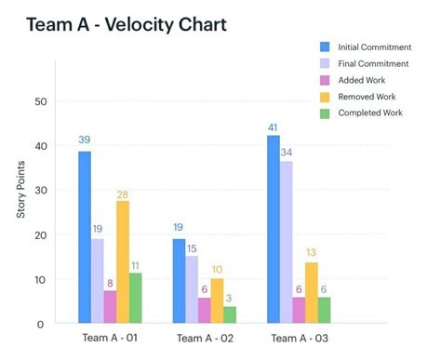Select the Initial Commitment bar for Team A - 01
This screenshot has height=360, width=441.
click(x=85, y=236)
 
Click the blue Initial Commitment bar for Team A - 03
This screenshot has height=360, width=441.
click(x=274, y=228)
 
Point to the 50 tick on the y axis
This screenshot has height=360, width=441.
click(x=39, y=101)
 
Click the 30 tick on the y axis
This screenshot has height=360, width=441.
click(x=39, y=190)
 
